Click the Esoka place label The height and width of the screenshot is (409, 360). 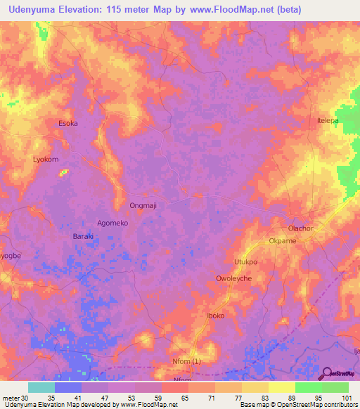click(x=67, y=123)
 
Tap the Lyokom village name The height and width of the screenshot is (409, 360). click(x=46, y=160)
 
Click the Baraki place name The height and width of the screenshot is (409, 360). click(x=84, y=236)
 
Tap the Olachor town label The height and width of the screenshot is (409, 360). click(x=300, y=228)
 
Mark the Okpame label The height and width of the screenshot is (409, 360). click(x=283, y=240)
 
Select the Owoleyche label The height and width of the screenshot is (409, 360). click(x=233, y=278)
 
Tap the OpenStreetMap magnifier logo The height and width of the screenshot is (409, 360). click(x=327, y=373)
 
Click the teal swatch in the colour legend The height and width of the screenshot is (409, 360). click(x=41, y=387)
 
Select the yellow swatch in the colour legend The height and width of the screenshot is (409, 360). click(x=281, y=387)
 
